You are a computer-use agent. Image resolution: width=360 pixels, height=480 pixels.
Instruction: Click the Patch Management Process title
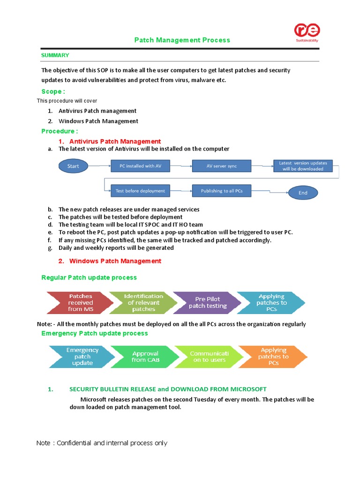182,40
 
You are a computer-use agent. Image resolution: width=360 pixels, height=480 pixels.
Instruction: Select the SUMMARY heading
55,55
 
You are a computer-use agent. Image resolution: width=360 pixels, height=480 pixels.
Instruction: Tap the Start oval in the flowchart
74,166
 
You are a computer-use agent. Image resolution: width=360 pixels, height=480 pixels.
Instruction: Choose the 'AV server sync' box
222,166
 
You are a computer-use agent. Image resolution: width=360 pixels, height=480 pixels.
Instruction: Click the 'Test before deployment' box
134,191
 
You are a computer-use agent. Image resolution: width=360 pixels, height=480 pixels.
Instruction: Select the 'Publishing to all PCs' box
222,191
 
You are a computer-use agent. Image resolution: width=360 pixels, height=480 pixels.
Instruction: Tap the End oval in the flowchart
303,193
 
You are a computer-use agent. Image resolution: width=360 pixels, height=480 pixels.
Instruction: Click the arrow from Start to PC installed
100,166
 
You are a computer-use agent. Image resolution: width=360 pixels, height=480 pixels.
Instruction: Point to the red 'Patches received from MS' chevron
79,303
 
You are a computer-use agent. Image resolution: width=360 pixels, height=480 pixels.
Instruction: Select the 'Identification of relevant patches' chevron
142,303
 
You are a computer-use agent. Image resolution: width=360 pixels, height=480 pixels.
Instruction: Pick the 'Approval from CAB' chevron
145,357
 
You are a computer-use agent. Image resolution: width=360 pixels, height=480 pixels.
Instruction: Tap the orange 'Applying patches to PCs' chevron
273,357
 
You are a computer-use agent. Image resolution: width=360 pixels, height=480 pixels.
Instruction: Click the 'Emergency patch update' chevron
82,357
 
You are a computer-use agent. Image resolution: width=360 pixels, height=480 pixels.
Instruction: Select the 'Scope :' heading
53,91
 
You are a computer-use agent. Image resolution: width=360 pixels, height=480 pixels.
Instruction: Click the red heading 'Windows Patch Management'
115,261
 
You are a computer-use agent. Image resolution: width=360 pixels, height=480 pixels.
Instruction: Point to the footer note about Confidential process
102,443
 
